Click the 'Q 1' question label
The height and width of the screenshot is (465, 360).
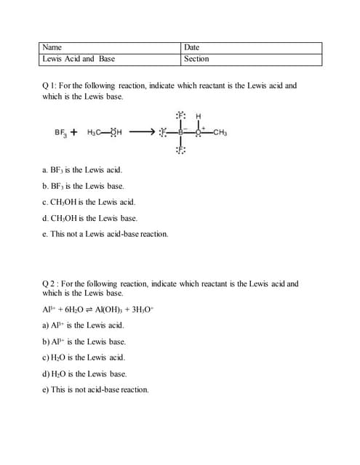pyautogui.click(x=52, y=86)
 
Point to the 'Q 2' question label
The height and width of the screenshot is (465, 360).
pyautogui.click(x=52, y=283)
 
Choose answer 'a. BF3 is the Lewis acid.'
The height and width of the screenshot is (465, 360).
pyautogui.click(x=77, y=169)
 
